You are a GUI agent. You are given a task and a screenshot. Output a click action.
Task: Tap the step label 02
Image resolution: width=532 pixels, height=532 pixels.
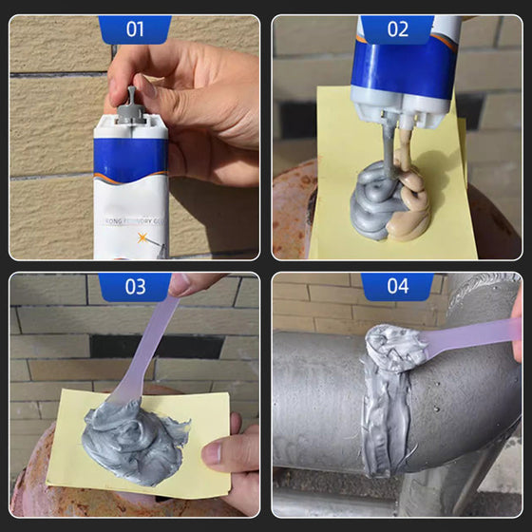click(397, 28)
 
